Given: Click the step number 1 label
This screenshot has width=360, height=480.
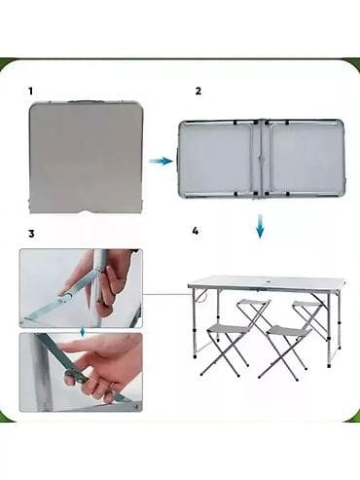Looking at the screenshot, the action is [31, 92].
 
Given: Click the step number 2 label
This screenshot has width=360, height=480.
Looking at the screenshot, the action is [198, 91].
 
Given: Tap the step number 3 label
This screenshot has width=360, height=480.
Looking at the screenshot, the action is [31, 234].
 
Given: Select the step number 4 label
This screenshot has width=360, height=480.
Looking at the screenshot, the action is [195, 231].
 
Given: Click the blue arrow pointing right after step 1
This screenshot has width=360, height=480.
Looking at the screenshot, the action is [162, 161].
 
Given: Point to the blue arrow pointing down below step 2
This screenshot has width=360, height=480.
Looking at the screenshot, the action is [260, 226].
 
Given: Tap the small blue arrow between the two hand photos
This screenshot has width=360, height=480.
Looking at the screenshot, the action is [83, 332].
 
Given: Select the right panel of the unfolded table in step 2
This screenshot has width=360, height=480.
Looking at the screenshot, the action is [305, 159].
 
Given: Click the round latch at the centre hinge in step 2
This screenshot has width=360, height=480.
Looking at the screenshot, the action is [261, 160].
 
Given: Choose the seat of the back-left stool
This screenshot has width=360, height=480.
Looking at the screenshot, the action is [254, 303].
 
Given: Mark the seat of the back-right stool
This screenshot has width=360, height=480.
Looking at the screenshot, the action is [307, 304].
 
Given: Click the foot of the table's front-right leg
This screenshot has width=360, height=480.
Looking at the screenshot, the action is [329, 365].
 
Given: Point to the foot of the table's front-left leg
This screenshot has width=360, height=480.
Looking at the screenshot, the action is [195, 356].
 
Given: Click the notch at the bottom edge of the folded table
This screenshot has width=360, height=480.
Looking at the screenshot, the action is [87, 212].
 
